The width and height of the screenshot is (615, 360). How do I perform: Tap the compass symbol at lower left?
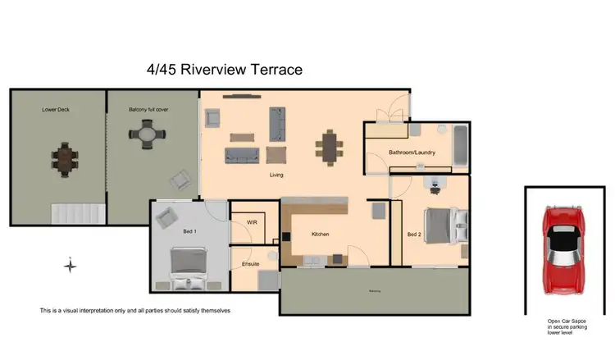point(71,265)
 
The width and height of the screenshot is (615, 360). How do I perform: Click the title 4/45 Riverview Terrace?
point(224,70)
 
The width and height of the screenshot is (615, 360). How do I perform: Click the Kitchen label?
point(320,235)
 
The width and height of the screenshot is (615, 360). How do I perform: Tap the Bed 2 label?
point(416,235)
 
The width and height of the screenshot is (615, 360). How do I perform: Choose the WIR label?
point(240,223)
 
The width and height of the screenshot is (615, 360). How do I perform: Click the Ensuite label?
point(251,264)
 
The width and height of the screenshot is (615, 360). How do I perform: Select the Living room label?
point(276,175)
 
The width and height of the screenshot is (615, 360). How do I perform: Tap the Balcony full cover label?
point(148,109)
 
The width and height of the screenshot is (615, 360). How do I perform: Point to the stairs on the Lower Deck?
point(78,214)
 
